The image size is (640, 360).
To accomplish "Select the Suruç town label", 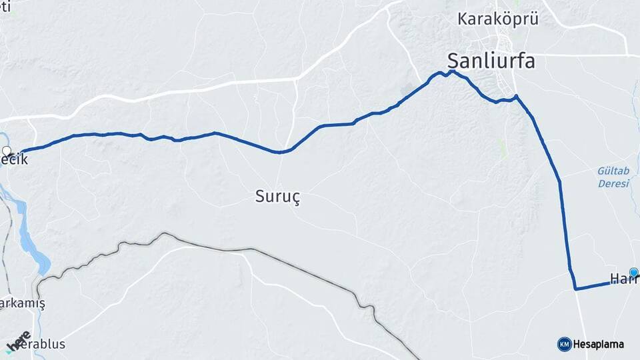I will pos(278,197).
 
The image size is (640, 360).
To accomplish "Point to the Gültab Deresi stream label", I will pos(613,177).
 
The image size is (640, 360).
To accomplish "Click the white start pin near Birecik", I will pos(7,151).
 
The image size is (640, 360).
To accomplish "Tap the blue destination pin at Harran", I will pos(633,272).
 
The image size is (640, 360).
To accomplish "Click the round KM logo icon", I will pos(564,344).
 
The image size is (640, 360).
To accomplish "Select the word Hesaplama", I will pos(599,344).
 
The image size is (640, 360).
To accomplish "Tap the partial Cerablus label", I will pos(37,344).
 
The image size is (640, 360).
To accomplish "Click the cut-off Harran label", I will pos(624,279).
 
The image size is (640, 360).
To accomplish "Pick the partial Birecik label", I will pos(15,161).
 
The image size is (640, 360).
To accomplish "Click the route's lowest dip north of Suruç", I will pos(281,152).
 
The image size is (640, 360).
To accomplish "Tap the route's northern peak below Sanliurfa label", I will pos(451,71).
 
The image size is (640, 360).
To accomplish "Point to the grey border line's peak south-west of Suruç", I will pos(164,234).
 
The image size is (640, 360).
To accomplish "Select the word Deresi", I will pos(613,184).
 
